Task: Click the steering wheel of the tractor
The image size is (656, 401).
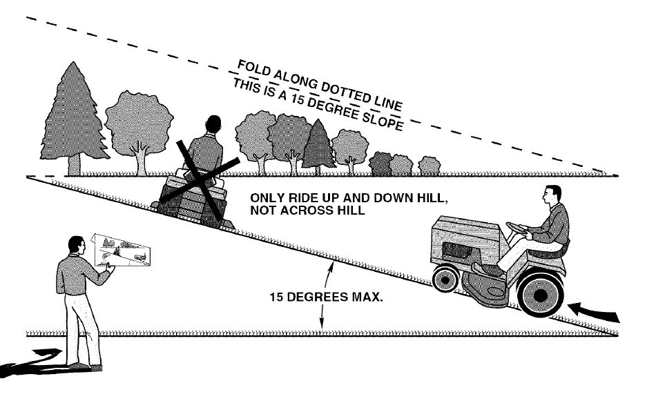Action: [x=519, y=228]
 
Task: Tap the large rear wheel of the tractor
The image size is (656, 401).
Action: [x=540, y=295]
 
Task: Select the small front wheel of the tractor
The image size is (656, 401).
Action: [x=446, y=278]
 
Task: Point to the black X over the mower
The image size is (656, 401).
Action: [x=200, y=180]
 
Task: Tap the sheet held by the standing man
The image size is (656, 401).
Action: [x=121, y=250]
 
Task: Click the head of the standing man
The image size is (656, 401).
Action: [x=76, y=245]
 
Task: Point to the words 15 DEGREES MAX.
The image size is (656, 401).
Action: [x=326, y=297]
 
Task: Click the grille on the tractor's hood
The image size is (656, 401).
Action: [x=457, y=251]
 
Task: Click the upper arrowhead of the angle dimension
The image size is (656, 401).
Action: [x=330, y=267]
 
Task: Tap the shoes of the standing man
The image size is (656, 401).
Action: [x=86, y=367]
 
